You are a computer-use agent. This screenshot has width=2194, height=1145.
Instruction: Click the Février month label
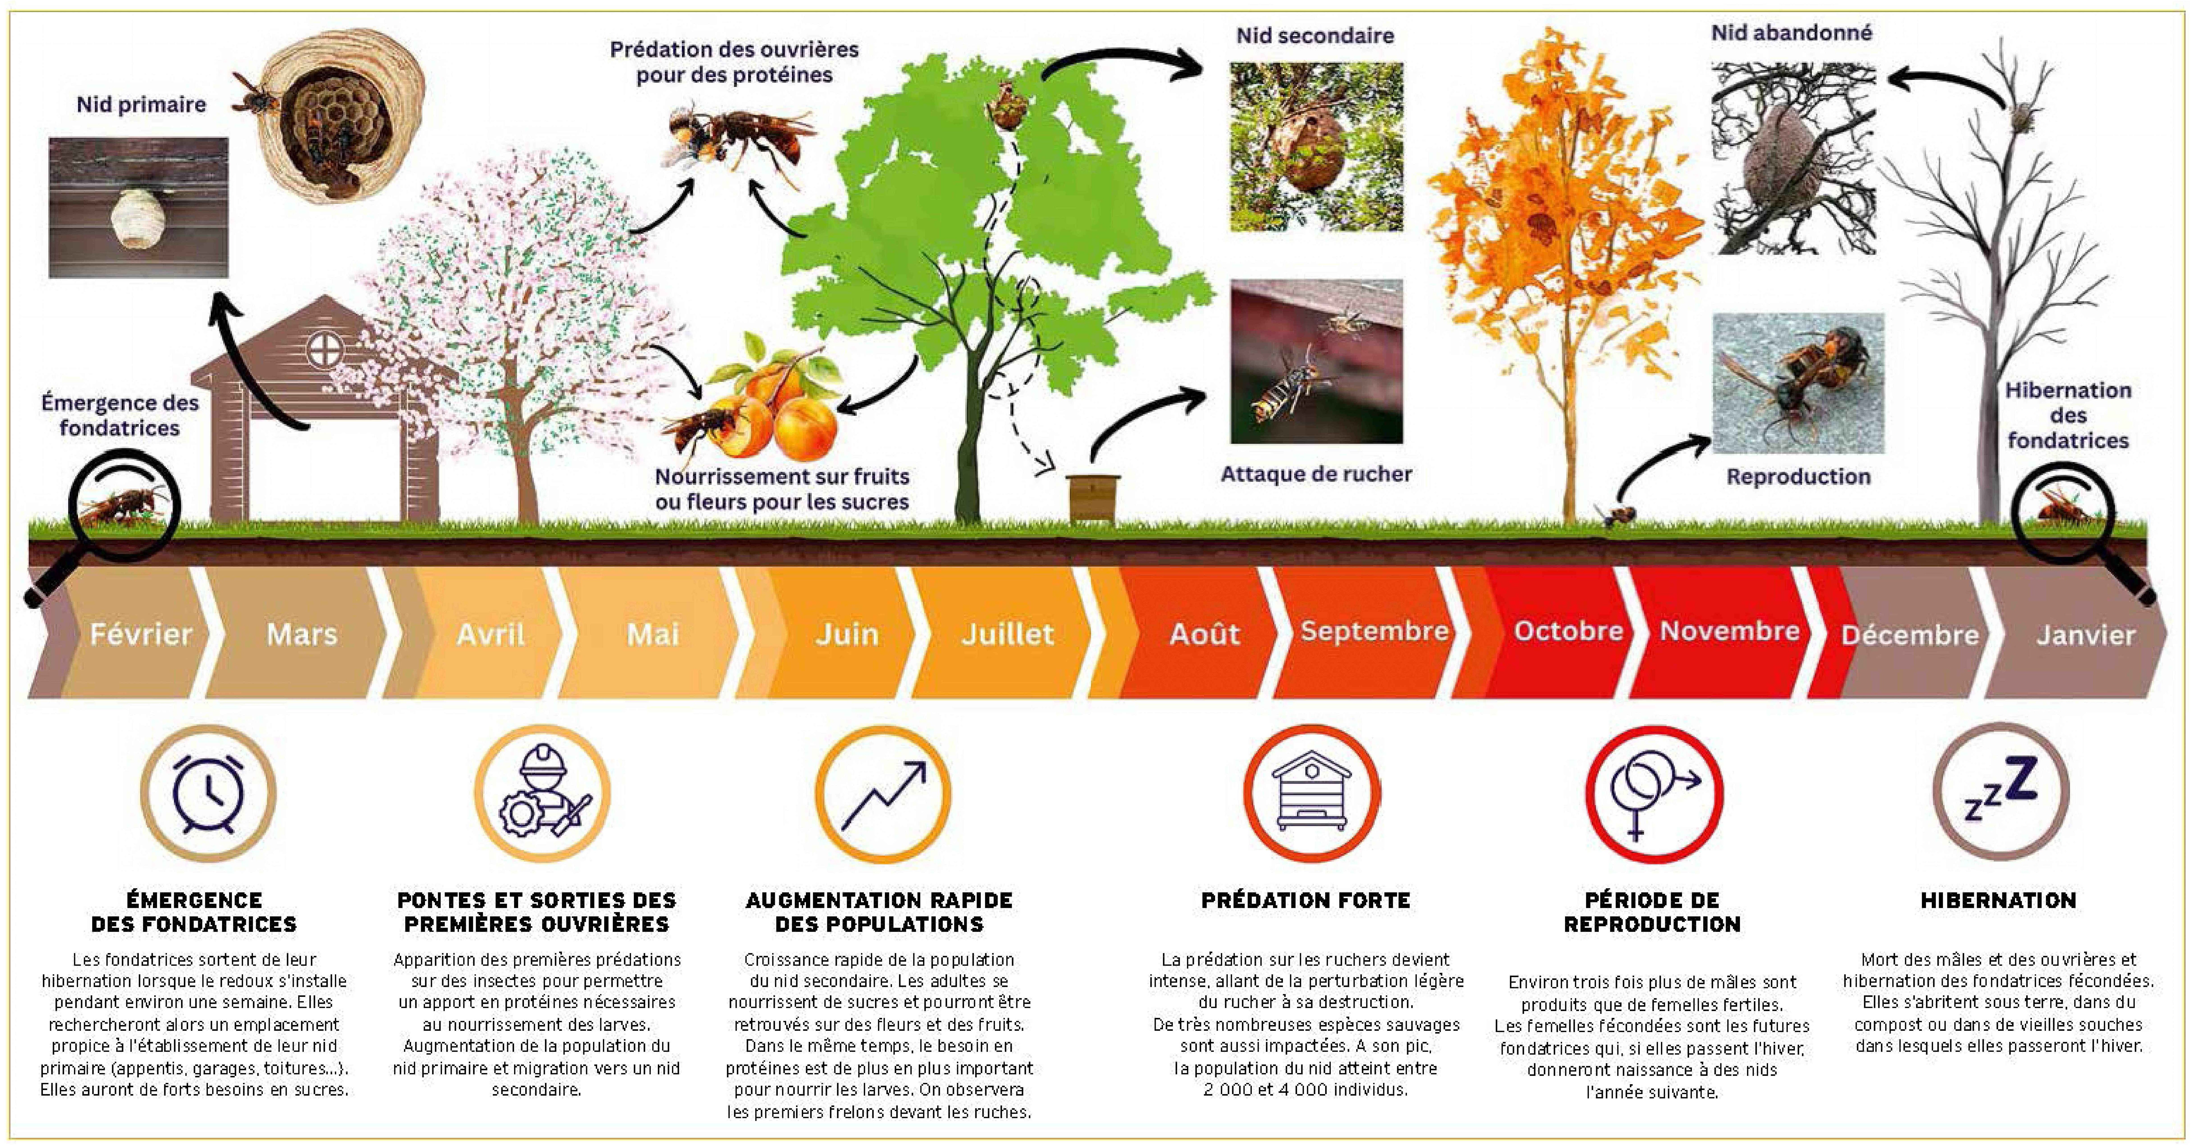141,634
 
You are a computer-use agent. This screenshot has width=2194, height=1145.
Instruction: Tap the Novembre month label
1730,631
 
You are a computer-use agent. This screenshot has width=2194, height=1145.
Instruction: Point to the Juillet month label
1008,634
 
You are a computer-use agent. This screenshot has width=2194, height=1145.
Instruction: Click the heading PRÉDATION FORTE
1306,900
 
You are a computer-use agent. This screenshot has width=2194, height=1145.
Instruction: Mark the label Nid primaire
141,105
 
